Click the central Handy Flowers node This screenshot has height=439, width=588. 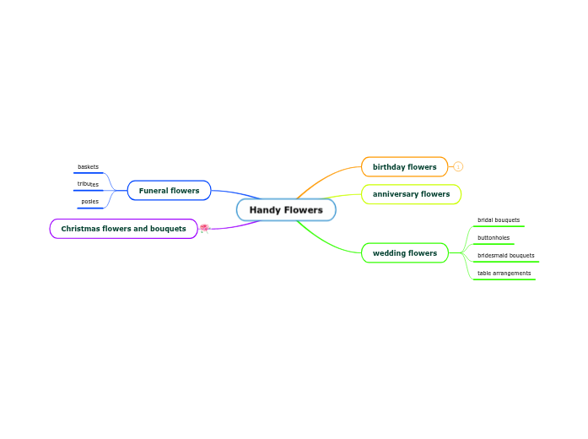click(x=286, y=209)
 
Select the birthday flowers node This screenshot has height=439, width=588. click(x=404, y=166)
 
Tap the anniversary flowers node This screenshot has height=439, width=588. click(x=411, y=194)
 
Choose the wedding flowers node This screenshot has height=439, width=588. click(x=404, y=252)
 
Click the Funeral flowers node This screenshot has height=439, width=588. click(x=169, y=190)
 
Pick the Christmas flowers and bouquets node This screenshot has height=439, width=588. click(x=123, y=228)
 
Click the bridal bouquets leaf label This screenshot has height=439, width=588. click(x=499, y=220)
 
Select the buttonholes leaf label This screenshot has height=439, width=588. click(x=494, y=238)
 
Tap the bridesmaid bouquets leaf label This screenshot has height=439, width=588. click(x=505, y=255)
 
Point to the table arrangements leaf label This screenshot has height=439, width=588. click(x=504, y=273)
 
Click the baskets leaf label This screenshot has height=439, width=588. click(x=88, y=167)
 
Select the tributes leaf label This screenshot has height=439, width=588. click(x=88, y=184)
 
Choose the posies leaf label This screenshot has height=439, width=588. click(x=89, y=202)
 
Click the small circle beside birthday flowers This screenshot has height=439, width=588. click(x=458, y=166)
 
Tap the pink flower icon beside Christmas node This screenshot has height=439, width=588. click(x=204, y=228)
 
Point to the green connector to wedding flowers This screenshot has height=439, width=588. click(x=325, y=241)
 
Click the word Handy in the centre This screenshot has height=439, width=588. click(x=265, y=209)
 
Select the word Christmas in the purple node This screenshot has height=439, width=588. click(x=81, y=228)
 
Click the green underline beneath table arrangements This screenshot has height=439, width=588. click(x=504, y=279)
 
